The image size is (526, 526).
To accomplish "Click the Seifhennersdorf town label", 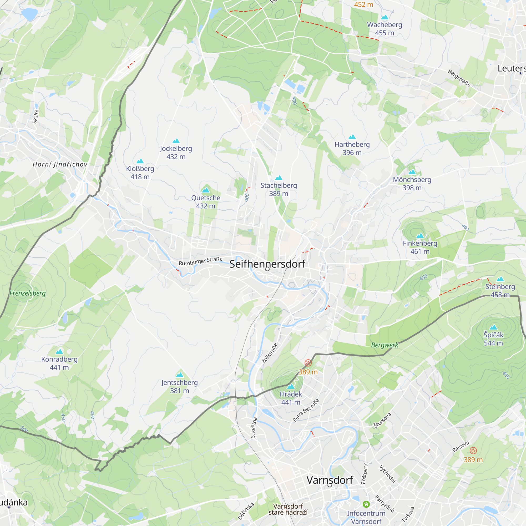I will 267,264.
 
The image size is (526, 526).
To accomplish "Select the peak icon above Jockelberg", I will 176,141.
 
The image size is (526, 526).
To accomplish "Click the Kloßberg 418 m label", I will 140,173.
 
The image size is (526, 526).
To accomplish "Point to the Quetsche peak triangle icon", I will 206,190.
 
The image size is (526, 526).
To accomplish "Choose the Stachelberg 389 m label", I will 279,189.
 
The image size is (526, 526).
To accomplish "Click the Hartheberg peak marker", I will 352,137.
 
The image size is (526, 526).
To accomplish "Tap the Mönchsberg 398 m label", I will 412,184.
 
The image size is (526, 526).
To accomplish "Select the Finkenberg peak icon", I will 420,235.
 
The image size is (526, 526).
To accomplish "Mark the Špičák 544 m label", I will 493,339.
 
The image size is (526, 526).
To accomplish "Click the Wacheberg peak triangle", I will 385,17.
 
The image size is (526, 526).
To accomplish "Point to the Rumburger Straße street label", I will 201,261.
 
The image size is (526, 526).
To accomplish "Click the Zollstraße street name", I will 270,353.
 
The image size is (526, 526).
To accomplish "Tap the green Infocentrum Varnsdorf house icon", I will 366,504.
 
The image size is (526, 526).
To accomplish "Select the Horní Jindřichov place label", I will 60,164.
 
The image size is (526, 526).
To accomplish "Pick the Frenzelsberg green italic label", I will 28,293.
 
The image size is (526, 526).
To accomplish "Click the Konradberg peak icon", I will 59,351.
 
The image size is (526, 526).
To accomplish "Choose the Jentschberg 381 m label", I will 179,386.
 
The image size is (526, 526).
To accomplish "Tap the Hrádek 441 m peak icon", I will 291,386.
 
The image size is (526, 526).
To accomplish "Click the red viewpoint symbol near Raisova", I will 473,451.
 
